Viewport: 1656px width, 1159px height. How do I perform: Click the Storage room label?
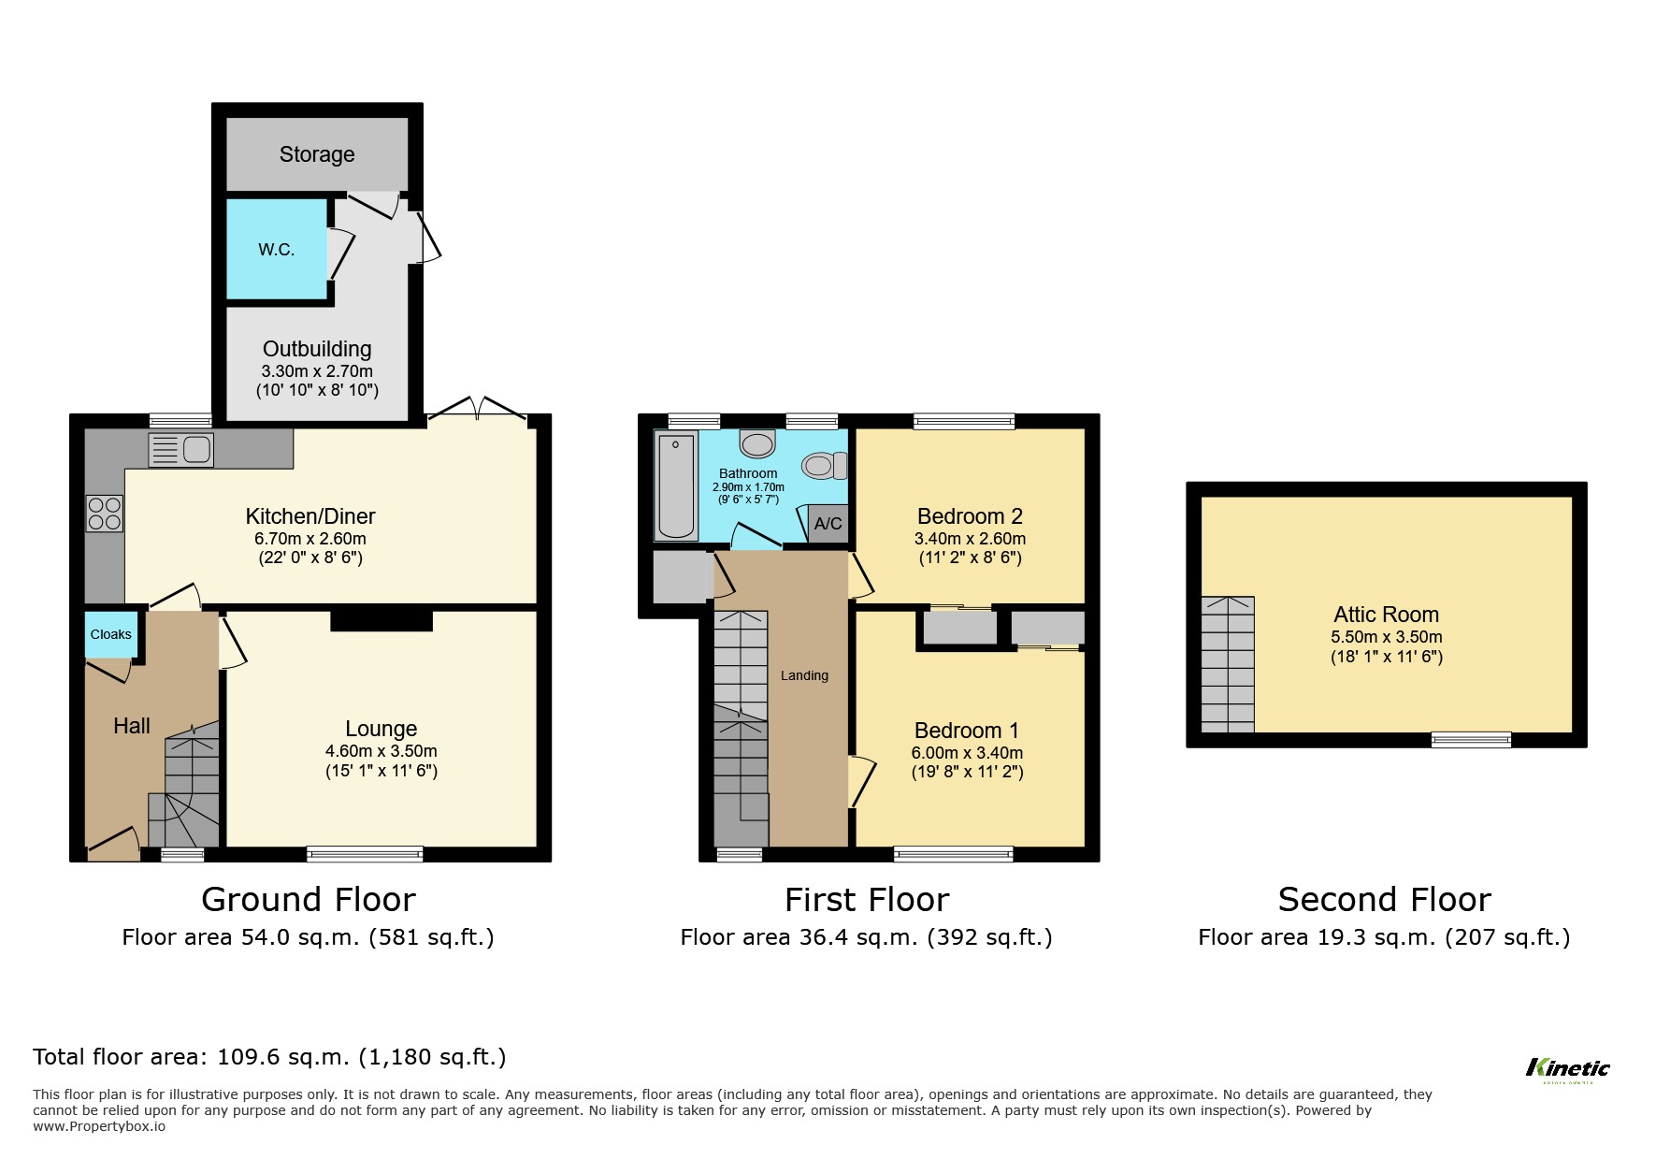(317, 154)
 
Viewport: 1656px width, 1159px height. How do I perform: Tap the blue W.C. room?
(277, 250)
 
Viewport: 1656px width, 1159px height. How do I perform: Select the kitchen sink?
(181, 450)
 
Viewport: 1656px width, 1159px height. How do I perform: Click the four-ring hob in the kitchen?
(104, 514)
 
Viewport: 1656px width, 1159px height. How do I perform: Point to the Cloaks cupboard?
(110, 634)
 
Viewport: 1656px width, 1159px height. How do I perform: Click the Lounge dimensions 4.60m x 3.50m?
(381, 751)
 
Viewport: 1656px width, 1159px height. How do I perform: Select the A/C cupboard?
(828, 524)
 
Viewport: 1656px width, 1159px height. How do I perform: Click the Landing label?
(804, 675)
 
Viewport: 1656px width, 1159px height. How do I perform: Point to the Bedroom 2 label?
(970, 516)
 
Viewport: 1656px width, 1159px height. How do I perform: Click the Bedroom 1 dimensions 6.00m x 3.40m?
(967, 753)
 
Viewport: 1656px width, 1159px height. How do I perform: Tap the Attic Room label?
(1386, 615)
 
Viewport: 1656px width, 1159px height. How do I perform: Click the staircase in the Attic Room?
(1228, 664)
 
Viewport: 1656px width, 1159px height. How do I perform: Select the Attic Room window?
(1471, 740)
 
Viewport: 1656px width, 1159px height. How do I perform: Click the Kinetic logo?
(1567, 1068)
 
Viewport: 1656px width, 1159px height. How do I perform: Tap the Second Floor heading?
(1384, 900)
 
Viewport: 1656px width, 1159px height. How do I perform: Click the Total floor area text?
(269, 1057)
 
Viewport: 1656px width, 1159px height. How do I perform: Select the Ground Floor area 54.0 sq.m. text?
(308, 937)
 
